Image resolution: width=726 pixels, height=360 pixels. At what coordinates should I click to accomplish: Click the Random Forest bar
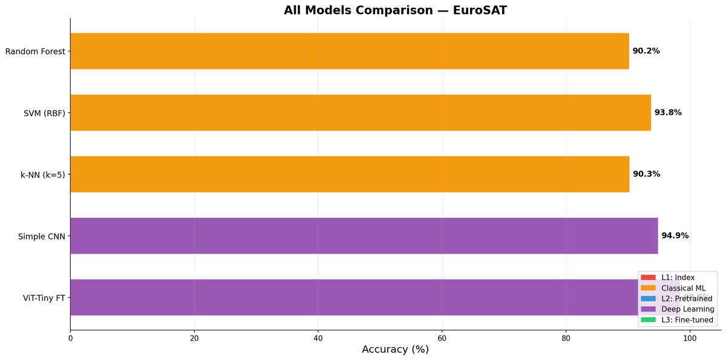tap(350, 51)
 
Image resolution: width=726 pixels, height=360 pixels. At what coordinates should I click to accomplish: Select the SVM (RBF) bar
tap(361, 113)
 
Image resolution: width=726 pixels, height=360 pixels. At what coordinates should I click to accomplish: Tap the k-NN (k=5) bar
tap(350, 174)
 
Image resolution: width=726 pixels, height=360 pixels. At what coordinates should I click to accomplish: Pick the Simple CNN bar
tap(364, 236)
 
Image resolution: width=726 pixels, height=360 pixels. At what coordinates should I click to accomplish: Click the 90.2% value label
tap(646, 51)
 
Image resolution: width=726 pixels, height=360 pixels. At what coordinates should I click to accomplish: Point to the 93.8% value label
tap(668, 113)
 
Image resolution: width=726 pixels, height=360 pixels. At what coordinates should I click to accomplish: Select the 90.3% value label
tap(646, 174)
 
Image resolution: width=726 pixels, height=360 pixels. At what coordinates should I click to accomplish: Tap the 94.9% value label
tap(675, 236)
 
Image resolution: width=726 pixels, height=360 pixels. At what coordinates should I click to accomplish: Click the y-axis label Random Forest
tap(35, 51)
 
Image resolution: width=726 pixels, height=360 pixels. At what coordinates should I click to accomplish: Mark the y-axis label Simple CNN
tap(41, 236)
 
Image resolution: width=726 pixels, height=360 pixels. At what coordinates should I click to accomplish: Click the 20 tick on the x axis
tap(194, 338)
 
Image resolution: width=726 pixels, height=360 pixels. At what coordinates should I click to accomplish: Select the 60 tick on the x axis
tap(442, 338)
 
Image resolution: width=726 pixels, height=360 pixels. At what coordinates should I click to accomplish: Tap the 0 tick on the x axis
tap(70, 338)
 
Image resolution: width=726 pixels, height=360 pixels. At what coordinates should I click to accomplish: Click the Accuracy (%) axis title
tap(395, 350)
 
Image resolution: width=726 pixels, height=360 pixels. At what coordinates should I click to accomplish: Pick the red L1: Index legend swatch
tap(648, 277)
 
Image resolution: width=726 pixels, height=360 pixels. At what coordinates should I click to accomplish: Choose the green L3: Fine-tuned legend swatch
tap(648, 320)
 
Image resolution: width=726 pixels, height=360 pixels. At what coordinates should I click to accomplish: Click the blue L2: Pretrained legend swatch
tap(648, 299)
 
